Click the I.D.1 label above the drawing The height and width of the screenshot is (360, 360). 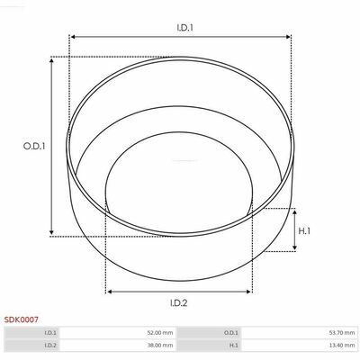coord(184,28)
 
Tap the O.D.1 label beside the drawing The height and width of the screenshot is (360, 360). coord(34,146)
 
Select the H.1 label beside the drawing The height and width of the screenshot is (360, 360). coord(304,231)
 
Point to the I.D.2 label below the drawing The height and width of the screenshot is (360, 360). coord(179,303)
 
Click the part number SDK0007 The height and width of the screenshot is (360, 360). coord(22,319)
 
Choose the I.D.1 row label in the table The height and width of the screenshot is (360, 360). coord(50,333)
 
